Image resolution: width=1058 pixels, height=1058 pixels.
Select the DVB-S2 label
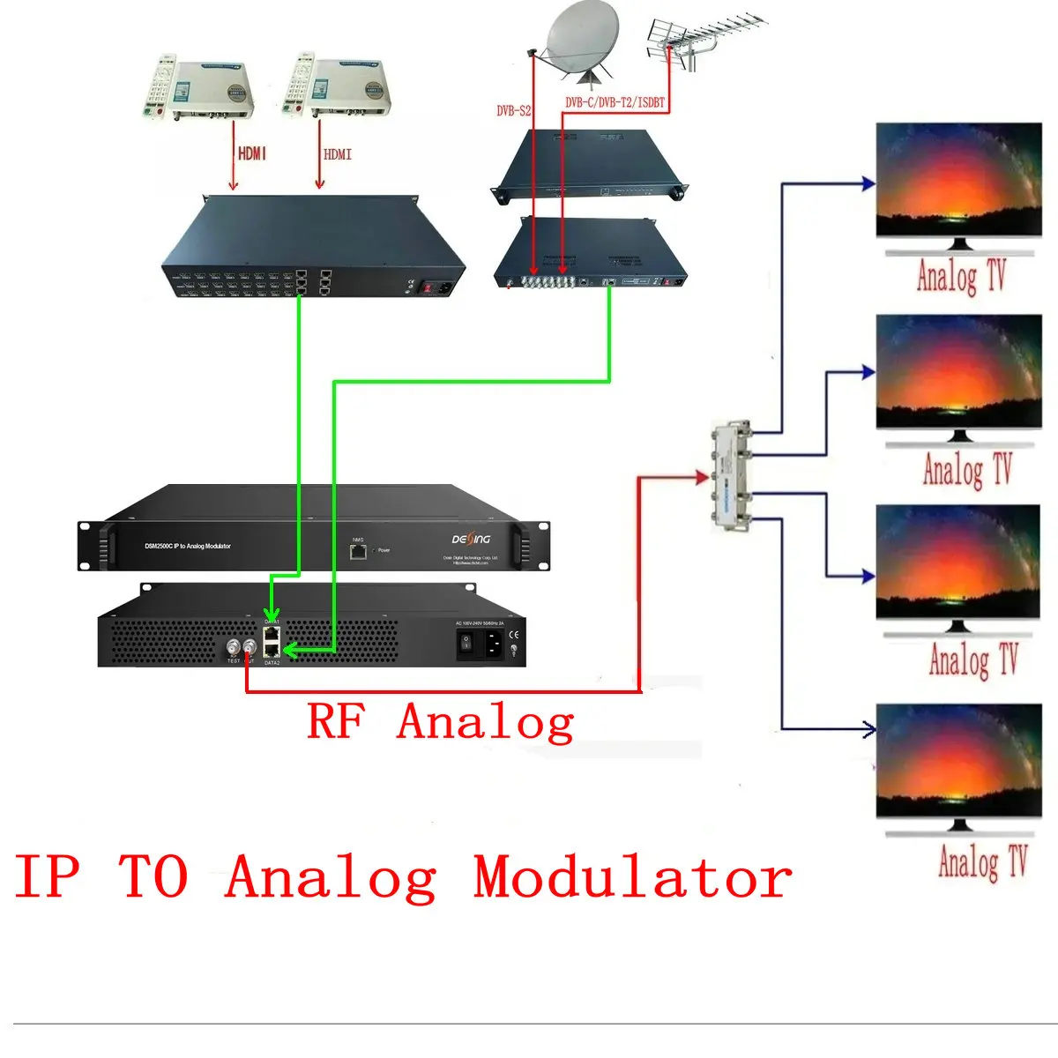(514, 111)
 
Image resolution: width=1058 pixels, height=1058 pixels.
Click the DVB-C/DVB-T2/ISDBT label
(615, 103)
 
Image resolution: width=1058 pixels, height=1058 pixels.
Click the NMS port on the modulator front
(358, 552)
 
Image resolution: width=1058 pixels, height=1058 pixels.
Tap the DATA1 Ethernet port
(272, 633)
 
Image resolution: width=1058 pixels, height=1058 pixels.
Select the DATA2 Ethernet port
(272, 650)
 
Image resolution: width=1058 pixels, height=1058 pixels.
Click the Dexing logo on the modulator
(471, 538)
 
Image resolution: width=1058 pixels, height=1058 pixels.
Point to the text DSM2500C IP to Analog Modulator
(188, 547)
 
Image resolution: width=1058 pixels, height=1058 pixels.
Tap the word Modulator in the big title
(632, 877)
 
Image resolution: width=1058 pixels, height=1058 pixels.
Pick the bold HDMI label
(251, 153)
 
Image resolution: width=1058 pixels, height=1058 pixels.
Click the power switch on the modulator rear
(468, 644)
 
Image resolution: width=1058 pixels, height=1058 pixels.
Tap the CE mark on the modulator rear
(513, 634)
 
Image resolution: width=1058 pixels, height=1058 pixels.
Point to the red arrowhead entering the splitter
(703, 478)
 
